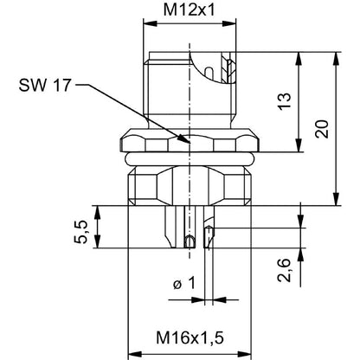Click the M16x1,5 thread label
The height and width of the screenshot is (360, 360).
185,336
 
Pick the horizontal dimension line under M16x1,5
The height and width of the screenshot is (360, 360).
185,353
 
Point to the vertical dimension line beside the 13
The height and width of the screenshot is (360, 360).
299,101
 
